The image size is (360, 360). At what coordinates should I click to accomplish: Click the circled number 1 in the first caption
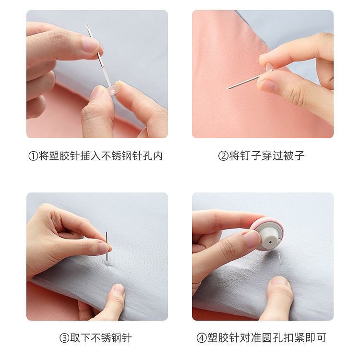(x=33, y=156)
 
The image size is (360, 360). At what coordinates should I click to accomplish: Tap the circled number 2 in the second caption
(x=224, y=156)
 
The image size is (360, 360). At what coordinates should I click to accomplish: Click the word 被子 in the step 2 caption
(x=294, y=156)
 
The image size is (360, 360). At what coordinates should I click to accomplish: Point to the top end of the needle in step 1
(x=87, y=25)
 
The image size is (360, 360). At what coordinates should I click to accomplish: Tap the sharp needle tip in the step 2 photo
(x=228, y=88)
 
